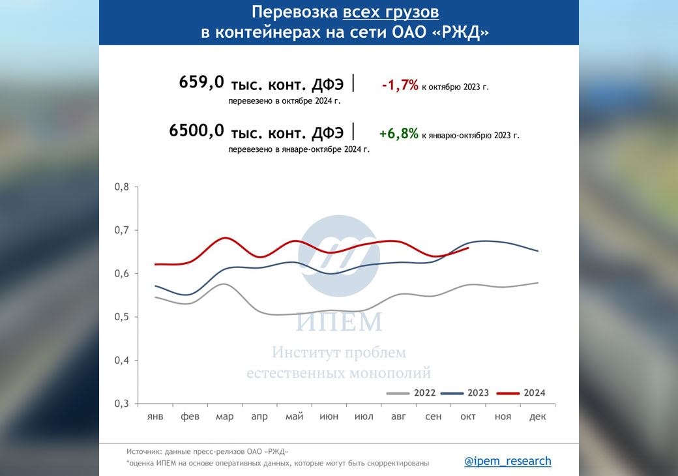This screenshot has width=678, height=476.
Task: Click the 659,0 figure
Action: (x=201, y=82)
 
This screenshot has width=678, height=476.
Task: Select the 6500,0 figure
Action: (x=196, y=130)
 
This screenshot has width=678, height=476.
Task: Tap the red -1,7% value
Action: (x=400, y=85)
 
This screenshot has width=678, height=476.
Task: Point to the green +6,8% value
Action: (x=398, y=134)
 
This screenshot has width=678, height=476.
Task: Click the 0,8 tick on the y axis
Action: (x=122, y=187)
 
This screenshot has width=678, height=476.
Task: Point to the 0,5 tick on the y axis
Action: (x=122, y=317)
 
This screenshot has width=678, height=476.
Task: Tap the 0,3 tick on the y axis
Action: (x=122, y=404)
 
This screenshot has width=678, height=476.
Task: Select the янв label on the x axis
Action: (x=155, y=417)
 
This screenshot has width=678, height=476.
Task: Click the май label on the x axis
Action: (x=294, y=417)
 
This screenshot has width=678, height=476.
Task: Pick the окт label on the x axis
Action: (x=468, y=417)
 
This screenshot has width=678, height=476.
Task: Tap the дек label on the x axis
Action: (x=538, y=417)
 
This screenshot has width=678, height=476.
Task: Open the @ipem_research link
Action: (x=508, y=461)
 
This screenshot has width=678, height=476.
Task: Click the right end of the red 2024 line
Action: (x=468, y=248)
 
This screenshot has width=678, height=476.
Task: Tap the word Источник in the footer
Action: (x=144, y=451)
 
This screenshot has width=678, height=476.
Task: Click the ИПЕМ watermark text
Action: (x=338, y=322)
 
